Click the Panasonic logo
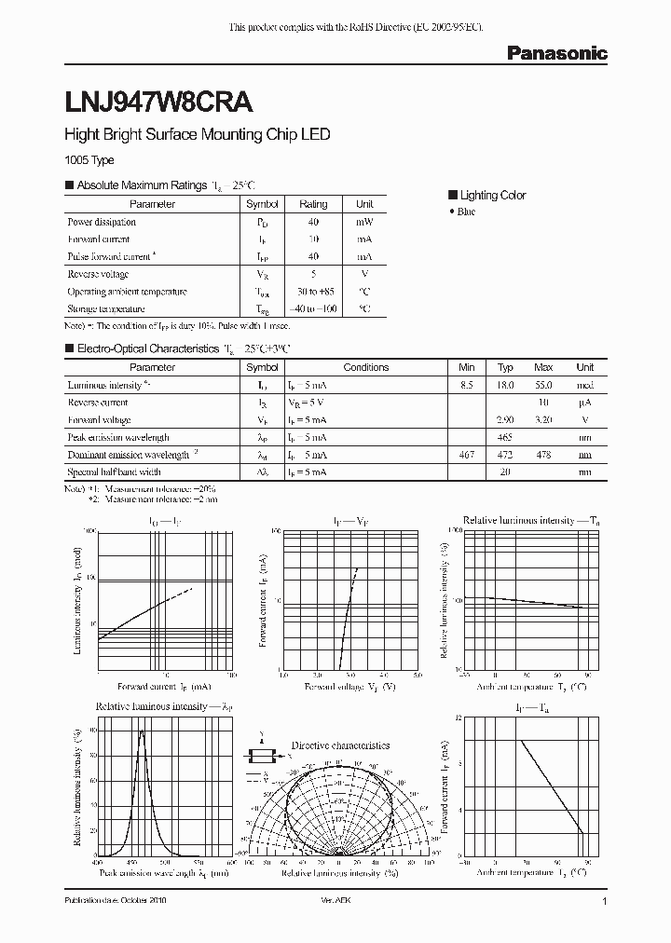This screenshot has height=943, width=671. [556, 54]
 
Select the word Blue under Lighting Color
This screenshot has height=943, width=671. [466, 212]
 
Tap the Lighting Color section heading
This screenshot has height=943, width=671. [493, 195]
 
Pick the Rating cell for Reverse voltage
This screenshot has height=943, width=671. [313, 274]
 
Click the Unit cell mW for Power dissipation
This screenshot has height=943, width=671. [364, 222]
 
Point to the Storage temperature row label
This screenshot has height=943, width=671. [106, 308]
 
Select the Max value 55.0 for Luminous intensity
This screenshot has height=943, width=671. [544, 385]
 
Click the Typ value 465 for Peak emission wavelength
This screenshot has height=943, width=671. [505, 437]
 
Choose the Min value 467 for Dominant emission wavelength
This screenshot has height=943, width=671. [467, 455]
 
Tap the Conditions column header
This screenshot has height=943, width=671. [366, 367]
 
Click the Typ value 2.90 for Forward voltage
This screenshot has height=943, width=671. [505, 420]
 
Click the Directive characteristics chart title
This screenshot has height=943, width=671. [340, 745]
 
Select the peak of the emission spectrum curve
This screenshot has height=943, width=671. [142, 731]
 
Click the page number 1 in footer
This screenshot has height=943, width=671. [605, 903]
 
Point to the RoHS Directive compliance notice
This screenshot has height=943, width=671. [356, 29]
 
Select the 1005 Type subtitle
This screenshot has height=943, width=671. [89, 160]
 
